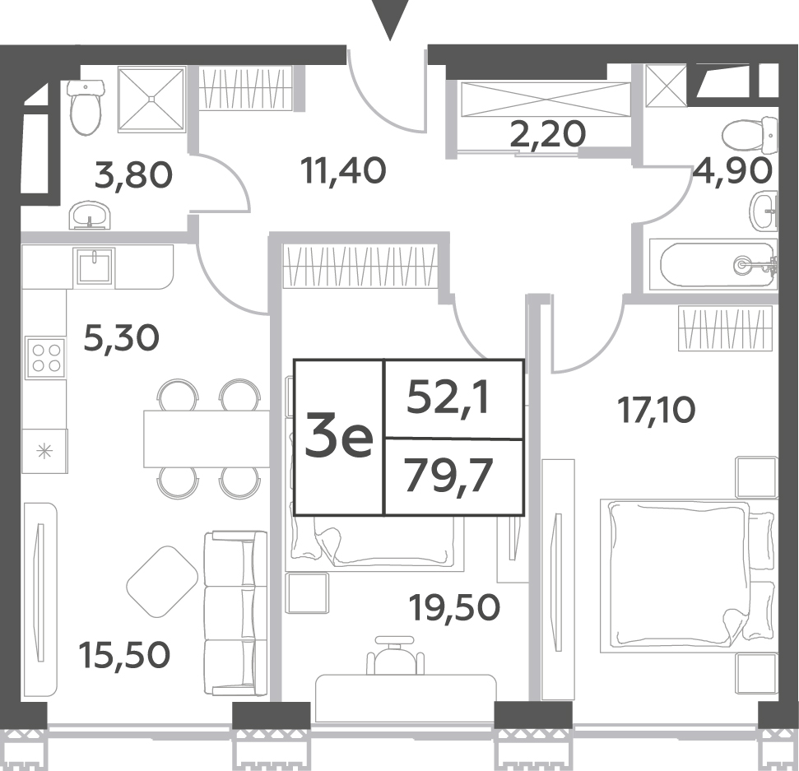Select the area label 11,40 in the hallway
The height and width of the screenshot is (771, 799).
coord(343,170)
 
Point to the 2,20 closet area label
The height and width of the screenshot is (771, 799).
coord(548,134)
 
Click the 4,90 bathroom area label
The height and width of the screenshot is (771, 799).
coord(732,170)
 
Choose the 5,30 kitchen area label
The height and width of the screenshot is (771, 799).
coord(121,338)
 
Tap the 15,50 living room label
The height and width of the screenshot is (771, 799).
coord(124,655)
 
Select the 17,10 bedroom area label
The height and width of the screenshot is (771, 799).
coord(657,411)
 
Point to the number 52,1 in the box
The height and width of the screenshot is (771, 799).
coord(448,398)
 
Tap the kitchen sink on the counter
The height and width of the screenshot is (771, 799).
coord(95,267)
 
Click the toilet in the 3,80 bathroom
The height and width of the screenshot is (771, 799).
coord(86,106)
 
